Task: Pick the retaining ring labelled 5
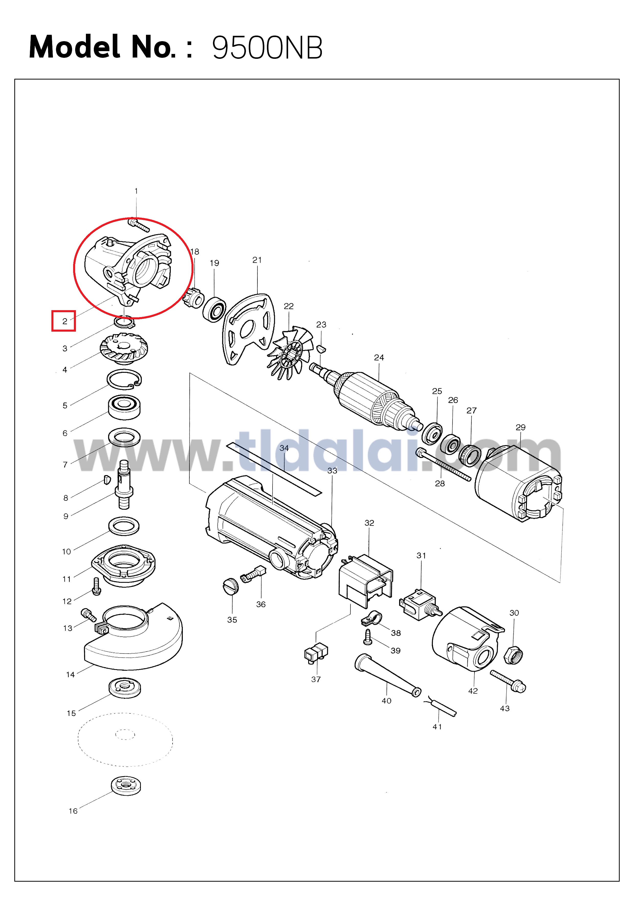pos(124,380)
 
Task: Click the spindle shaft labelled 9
pos(124,485)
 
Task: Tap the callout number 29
pos(520,427)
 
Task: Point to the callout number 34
pos(284,448)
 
